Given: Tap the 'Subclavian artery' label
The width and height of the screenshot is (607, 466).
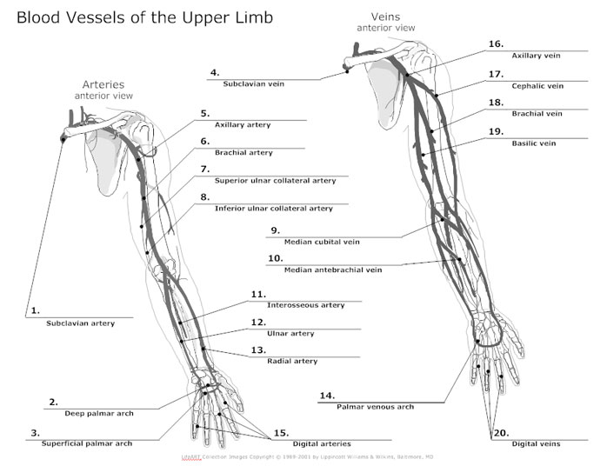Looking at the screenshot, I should (81, 323).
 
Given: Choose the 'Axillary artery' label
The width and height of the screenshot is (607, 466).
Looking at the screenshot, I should (243, 125).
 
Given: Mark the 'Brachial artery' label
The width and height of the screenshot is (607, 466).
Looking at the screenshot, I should (243, 153).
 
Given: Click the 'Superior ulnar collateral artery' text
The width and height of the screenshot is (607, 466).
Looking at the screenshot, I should (275, 181).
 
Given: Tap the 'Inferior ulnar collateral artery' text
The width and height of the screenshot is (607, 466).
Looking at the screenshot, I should (273, 209).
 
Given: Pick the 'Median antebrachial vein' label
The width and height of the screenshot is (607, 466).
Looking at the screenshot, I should (333, 270).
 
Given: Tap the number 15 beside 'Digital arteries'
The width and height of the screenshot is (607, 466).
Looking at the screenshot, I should (280, 432).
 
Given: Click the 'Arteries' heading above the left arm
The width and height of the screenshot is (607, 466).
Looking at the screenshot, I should (103, 84).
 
